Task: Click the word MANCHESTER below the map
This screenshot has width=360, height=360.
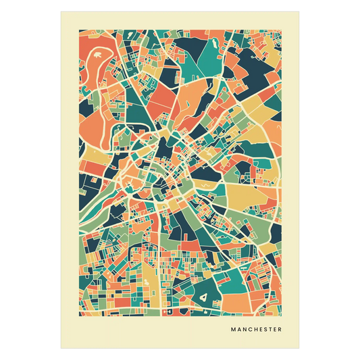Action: tap(256, 330)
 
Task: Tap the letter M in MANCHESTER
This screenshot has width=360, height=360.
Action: tap(233, 330)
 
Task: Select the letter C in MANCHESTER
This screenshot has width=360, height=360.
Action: tap(249, 330)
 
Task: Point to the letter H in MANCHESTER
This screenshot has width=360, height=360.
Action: tap(255, 330)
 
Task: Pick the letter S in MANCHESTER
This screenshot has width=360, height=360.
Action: tap(265, 330)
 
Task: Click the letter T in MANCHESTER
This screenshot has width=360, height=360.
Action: tap(270, 330)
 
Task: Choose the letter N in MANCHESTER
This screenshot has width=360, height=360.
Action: tap(244, 330)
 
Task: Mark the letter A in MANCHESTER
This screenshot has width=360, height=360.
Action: tap(238, 330)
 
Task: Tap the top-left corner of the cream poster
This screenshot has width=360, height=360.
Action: tap(60, 11)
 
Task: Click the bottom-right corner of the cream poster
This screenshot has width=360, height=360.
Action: tap(300, 349)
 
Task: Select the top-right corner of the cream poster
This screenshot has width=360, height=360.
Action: tap(300, 11)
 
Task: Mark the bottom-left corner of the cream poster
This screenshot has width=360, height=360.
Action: tap(60, 349)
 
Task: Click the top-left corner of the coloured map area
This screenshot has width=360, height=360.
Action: tap(79, 30)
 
